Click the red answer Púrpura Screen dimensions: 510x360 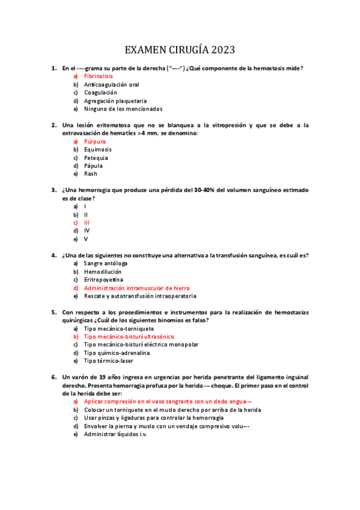pyautogui.click(x=94, y=141)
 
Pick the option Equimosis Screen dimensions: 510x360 pyautogui.click(x=97, y=149)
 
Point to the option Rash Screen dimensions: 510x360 pyautogui.click(x=90, y=174)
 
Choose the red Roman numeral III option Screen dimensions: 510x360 pyautogui.click(x=87, y=222)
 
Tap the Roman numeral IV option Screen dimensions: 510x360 pyautogui.click(x=87, y=230)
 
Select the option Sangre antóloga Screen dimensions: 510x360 pyautogui.click(x=106, y=263)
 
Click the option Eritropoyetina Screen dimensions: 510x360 pyautogui.click(x=103, y=280)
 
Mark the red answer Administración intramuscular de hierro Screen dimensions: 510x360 pyautogui.click(x=136, y=288)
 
